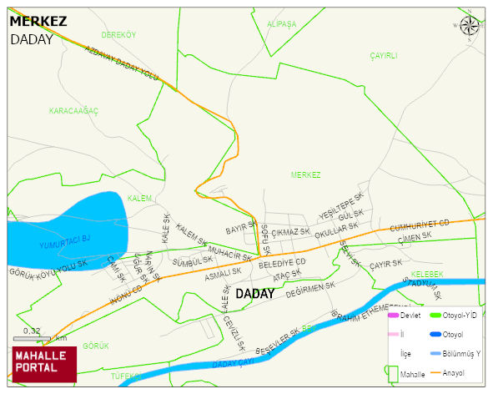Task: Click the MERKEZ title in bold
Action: (38, 22)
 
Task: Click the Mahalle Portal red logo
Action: (44, 363)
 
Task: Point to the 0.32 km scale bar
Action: (32, 338)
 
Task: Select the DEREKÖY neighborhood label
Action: (118, 35)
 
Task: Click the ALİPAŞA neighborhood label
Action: (281, 24)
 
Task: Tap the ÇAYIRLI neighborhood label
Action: (384, 55)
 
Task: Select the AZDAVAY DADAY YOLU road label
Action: (122, 63)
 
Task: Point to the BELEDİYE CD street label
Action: (283, 262)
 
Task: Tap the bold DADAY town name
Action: (254, 294)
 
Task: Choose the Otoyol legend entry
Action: (453, 334)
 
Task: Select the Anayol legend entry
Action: (454, 372)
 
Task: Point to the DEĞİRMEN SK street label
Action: (309, 290)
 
